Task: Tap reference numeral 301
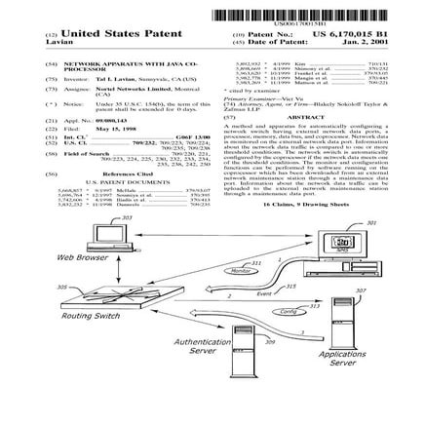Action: [x=372, y=222]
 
